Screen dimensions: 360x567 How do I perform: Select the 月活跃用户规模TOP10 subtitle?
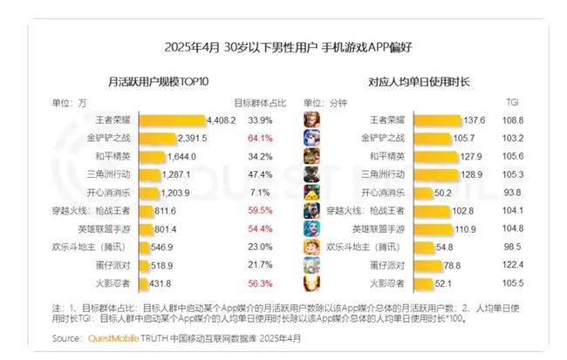pyautogui.click(x=153, y=80)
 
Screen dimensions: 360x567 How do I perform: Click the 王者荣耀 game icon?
pyautogui.click(x=311, y=119)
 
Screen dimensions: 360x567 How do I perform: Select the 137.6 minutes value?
pyautogui.click(x=474, y=119)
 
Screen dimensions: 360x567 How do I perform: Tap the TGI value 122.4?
pyautogui.click(x=514, y=266)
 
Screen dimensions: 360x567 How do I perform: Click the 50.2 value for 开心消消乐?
pyautogui.click(x=446, y=193)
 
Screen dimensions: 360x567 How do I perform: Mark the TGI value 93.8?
pyautogui.click(x=516, y=193)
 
